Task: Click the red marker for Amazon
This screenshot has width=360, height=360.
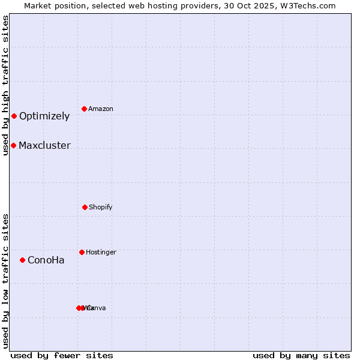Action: (84, 109)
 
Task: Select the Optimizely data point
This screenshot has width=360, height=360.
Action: (14, 116)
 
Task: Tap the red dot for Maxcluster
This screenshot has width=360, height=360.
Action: (13, 145)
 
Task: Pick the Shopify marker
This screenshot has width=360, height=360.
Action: (85, 207)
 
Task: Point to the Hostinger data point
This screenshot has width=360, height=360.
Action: (82, 252)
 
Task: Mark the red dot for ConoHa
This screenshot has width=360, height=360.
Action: (22, 260)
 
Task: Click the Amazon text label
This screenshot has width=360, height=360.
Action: (100, 109)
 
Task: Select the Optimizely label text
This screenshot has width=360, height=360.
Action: (44, 116)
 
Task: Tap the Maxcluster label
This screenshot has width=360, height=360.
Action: (44, 146)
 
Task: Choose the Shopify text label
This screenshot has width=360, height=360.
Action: (100, 207)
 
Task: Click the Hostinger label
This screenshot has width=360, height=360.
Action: (101, 252)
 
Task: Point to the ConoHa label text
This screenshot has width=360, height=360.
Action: (46, 260)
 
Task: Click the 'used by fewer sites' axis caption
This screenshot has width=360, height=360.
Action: (62, 355)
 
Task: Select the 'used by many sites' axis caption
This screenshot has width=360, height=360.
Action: (301, 355)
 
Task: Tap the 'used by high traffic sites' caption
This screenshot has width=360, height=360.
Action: (5, 85)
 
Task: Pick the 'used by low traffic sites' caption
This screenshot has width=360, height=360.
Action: (5, 281)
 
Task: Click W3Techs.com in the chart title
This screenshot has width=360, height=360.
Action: (310, 5)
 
